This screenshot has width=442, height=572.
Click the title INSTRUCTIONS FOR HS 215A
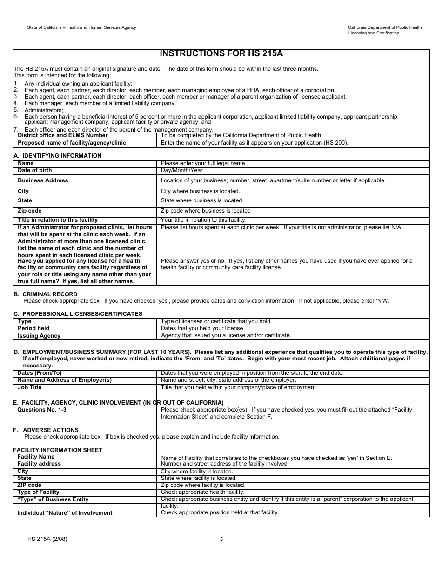coord(221,53)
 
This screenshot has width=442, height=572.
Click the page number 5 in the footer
coord(221,539)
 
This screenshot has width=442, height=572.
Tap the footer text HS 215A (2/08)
coord(50,539)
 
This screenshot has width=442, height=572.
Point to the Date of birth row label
coord(35,171)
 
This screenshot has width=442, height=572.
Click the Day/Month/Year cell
coord(181,171)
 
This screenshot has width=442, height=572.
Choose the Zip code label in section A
coord(30,211)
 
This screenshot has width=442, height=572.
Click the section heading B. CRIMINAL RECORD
coord(46,294)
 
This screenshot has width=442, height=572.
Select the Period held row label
coord(33,328)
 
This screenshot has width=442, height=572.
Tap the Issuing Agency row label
coord(39,336)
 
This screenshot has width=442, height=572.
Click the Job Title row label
coord(30,387)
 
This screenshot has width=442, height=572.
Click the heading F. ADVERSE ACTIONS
coord(46,430)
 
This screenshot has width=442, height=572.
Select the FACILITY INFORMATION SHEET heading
coord(58,450)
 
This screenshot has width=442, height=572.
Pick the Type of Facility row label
coord(38,492)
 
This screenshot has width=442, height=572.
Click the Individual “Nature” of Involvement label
coord(65,513)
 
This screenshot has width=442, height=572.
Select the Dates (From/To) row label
coord(40,373)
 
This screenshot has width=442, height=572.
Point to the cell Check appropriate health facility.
coord(202,492)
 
